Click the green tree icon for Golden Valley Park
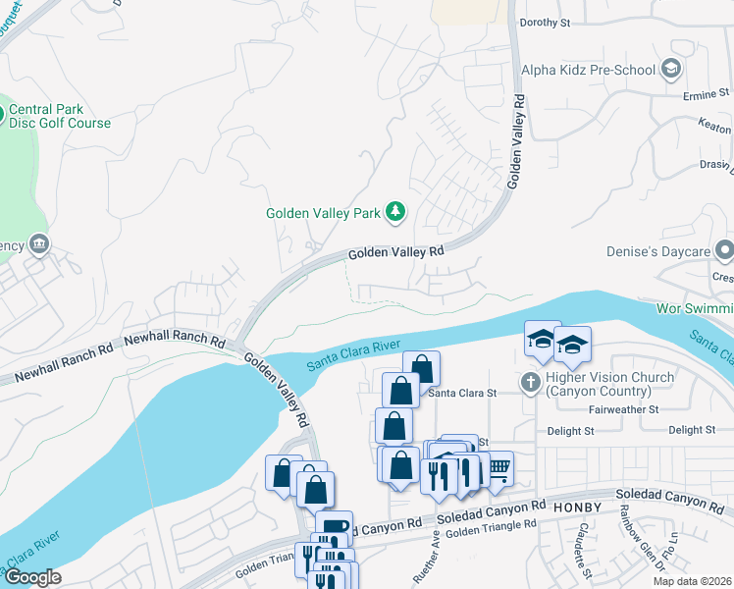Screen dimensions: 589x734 coord(395,211)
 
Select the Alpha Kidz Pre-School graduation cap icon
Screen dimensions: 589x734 coord(671,69)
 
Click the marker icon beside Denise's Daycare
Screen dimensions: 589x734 coord(723,250)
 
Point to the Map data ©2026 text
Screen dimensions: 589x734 coord(691,581)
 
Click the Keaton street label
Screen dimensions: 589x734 coord(714,130)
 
